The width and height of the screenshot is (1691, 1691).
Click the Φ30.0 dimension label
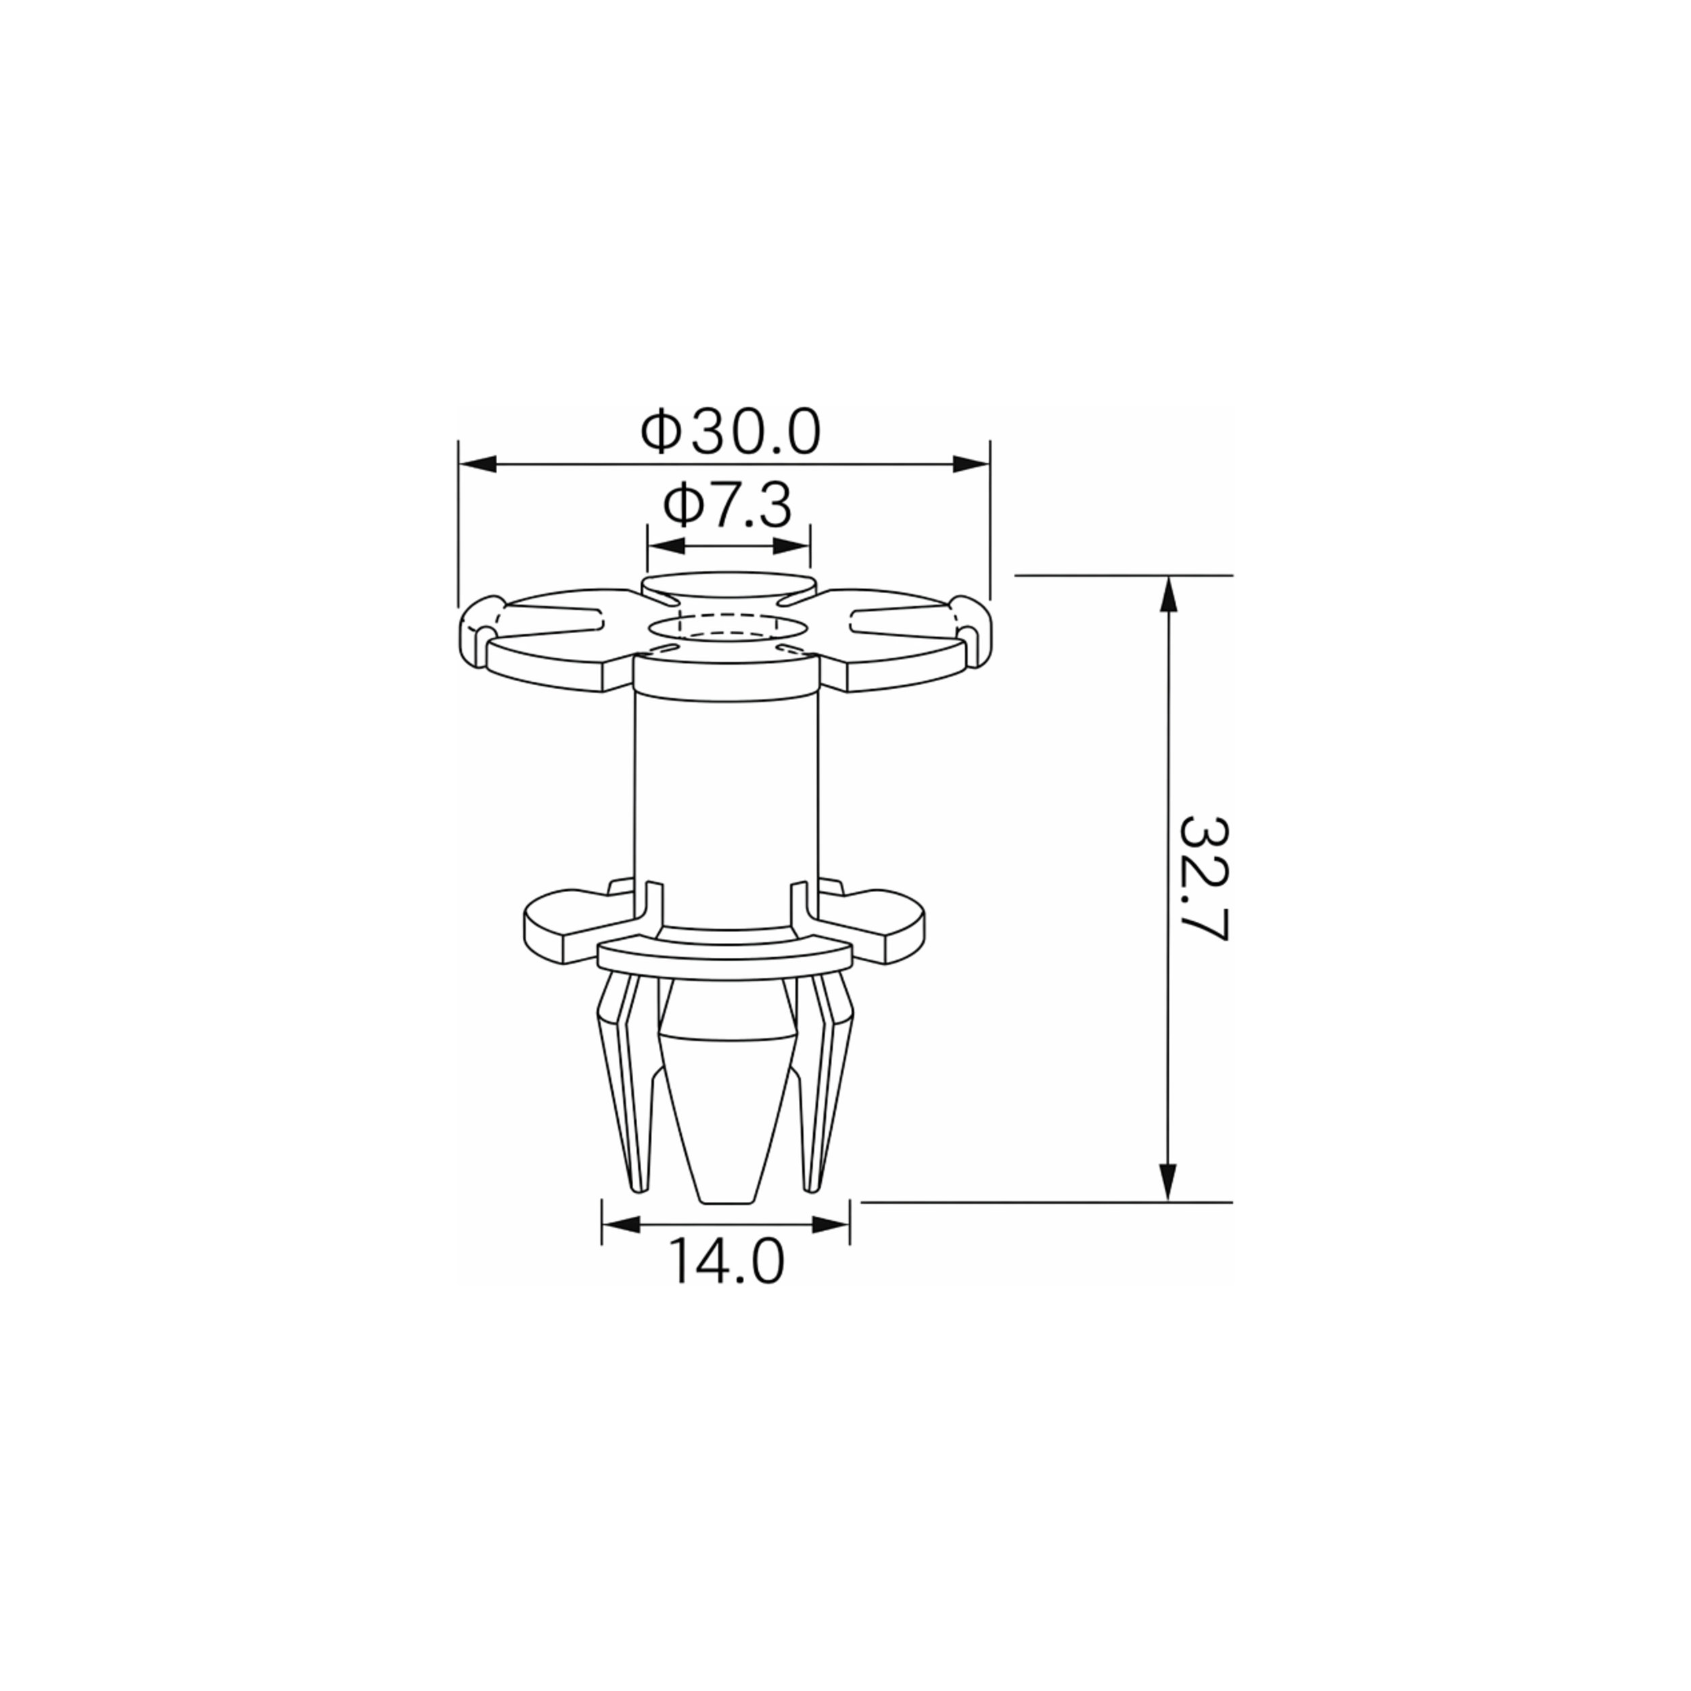click(731, 432)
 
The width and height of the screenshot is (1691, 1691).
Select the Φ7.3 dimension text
click(727, 506)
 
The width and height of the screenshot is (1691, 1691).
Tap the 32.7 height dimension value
click(1205, 879)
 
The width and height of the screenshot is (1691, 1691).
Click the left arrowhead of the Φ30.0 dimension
click(477, 465)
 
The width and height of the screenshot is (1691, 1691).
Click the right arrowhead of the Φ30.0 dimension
click(971, 465)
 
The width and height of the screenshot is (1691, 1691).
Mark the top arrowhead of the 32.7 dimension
click(1167, 595)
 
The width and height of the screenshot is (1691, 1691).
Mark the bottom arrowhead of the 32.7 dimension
click(1167, 1182)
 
